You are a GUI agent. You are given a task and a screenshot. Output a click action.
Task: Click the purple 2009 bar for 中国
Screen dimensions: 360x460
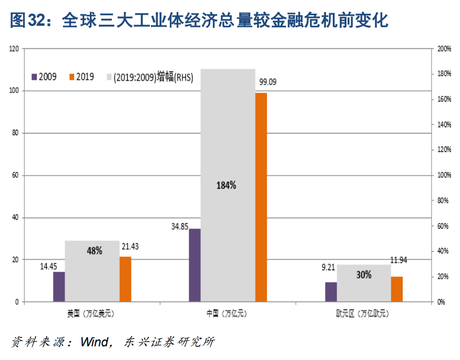pos(195,265)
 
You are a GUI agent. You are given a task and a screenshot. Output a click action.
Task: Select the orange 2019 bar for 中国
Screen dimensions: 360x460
pos(261,197)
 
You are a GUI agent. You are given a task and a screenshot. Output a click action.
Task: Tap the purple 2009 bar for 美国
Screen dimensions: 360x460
pos(59,286)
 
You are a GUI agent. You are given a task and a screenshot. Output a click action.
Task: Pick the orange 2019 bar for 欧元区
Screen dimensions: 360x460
pos(397,289)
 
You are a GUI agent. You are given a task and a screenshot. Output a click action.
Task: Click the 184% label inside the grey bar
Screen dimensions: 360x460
pos(227,185)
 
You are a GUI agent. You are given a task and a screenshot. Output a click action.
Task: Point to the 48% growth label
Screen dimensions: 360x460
pos(95,251)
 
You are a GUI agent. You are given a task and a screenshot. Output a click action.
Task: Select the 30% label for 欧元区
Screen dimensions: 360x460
pos(363,274)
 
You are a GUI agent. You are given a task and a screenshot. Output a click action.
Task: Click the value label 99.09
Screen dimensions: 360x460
pos(267,82)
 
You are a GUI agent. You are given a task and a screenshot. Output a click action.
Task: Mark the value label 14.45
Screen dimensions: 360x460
pos(49,266)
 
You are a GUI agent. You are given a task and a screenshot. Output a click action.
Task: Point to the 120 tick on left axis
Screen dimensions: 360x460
pos(14,49)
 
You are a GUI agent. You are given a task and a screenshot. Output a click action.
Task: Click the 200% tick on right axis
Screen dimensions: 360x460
pos(444,49)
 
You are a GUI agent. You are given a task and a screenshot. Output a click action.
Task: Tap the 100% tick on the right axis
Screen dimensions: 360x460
pos(444,176)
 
